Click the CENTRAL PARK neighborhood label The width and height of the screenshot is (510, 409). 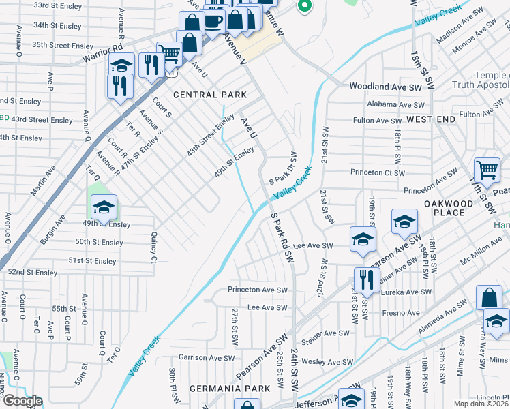click(x=205, y=95)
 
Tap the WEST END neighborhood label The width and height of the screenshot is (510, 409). click(x=430, y=119)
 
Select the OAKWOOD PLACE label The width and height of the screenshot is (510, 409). click(x=449, y=208)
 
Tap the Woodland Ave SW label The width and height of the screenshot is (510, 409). click(x=386, y=87)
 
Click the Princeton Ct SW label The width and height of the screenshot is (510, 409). click(x=378, y=173)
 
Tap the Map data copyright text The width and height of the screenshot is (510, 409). click(x=481, y=404)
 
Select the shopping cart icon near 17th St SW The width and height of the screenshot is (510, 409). click(x=486, y=170)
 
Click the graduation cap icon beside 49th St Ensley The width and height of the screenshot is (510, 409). click(x=104, y=207)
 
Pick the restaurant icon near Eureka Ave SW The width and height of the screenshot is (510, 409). click(x=366, y=279)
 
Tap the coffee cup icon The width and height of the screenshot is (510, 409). click(x=213, y=21)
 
